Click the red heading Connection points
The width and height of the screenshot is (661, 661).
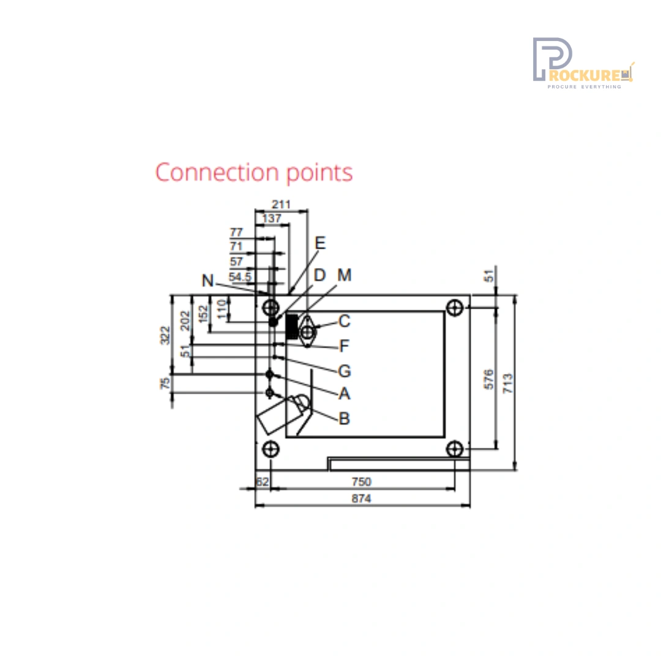click(254, 173)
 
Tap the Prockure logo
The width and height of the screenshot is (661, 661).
click(583, 63)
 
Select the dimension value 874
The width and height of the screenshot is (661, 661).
click(361, 499)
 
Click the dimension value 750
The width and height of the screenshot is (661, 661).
click(361, 482)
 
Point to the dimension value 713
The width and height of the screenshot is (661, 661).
click(508, 383)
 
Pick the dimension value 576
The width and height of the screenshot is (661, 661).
click(488, 379)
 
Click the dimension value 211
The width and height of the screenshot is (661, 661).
click(281, 204)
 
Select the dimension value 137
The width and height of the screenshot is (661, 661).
click(272, 218)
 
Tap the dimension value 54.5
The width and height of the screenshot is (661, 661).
click(240, 277)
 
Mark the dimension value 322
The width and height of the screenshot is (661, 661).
click(165, 335)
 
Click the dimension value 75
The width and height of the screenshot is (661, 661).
click(165, 383)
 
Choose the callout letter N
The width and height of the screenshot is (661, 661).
click(208, 281)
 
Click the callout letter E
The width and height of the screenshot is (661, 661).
click(320, 243)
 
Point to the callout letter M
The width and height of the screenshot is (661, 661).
click(345, 275)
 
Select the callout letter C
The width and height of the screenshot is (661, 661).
click(345, 321)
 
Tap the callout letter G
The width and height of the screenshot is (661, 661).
click(345, 371)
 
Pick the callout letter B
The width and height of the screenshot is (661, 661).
click(344, 419)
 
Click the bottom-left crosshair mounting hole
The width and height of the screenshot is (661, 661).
click(271, 449)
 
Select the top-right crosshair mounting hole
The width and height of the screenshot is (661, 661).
click(454, 308)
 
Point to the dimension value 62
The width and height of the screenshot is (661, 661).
click(262, 482)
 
